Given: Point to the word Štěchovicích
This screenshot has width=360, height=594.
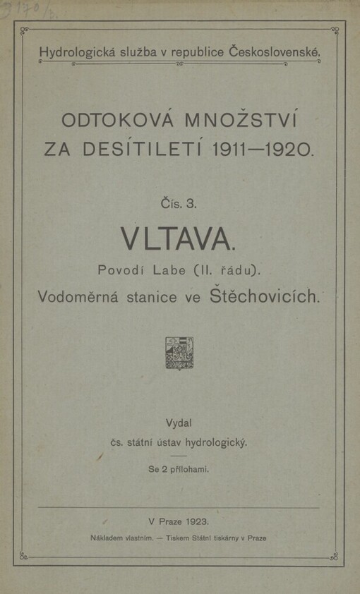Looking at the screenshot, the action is (266, 297).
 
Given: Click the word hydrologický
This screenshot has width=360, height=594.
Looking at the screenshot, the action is (216, 444).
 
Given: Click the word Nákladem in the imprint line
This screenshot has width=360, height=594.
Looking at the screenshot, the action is (109, 538).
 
